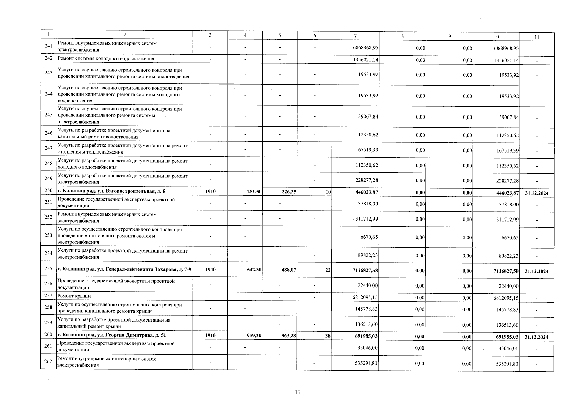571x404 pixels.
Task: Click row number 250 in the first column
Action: point(48,191)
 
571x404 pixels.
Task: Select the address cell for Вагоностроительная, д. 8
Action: point(111,191)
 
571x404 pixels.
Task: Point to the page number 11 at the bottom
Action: point(297,392)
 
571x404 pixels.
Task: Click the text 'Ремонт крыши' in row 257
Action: point(74,296)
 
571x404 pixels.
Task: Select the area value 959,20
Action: point(254,336)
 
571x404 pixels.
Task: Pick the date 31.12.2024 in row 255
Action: point(536,271)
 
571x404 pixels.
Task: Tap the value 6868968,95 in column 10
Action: point(506,48)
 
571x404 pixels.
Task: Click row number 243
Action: point(48,73)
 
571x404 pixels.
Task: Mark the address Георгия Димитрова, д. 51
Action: point(111,335)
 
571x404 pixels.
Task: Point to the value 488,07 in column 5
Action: point(289,270)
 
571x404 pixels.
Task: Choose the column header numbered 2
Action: point(125,35)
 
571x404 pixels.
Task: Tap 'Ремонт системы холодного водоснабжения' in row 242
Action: point(106,59)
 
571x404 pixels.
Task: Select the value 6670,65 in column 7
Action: point(369,237)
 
